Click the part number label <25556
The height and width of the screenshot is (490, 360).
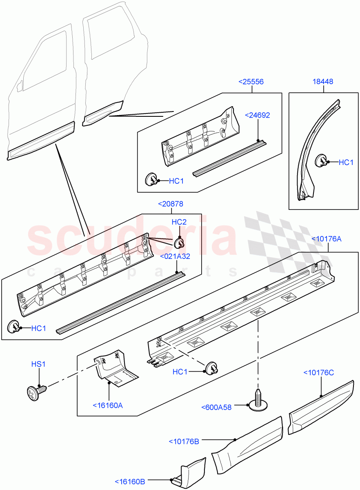point(251,82)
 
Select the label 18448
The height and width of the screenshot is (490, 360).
point(323,82)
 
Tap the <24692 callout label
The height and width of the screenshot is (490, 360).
point(257,116)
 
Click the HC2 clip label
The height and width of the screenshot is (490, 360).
point(179,222)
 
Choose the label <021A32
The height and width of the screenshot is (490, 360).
point(175,256)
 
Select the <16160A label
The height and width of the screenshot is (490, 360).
point(108,405)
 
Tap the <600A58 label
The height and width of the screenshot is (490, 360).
point(216,407)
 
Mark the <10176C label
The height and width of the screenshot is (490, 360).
point(318,372)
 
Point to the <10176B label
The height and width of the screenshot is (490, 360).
point(184,441)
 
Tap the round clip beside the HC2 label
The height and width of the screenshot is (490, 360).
point(179,243)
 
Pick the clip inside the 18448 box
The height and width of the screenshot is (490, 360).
point(322,160)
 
